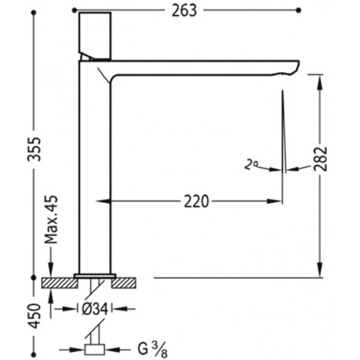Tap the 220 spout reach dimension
click(x=196, y=201)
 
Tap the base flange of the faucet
click(x=95, y=274)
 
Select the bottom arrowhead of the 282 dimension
click(x=321, y=271)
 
